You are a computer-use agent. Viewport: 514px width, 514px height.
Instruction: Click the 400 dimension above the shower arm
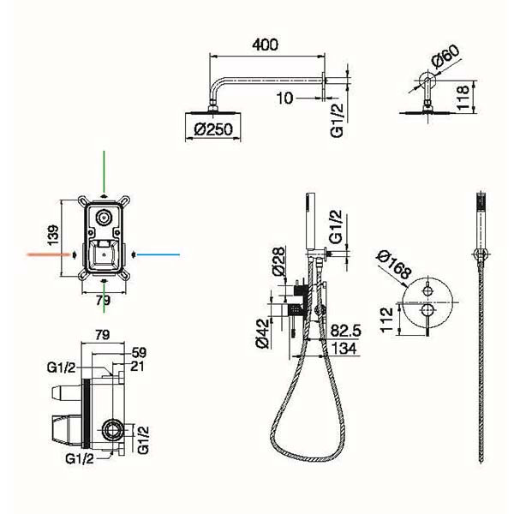point(265,45)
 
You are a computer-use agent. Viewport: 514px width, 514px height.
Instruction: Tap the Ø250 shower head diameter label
point(213,129)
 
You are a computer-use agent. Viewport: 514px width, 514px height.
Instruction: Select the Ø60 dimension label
point(445,56)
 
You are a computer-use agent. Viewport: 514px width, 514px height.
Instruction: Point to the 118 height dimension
point(463,98)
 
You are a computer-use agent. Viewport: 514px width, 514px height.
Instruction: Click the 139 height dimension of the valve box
point(53,235)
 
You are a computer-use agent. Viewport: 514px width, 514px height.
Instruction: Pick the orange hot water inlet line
point(49,254)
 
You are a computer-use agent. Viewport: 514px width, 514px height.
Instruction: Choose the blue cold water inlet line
point(158,254)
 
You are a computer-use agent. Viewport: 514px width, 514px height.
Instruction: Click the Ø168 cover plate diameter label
point(394,265)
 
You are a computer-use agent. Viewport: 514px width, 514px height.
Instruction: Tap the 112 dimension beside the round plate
point(386,320)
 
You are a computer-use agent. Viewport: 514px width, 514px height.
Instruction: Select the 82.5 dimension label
point(345,331)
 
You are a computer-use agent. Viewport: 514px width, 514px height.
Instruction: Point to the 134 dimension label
point(344,348)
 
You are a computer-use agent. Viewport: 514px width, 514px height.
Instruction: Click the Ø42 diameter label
point(262,333)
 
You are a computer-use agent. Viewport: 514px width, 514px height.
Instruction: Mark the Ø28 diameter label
point(278,261)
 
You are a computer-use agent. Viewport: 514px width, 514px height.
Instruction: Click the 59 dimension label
point(139,353)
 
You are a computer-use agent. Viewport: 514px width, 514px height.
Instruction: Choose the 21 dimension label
point(137,366)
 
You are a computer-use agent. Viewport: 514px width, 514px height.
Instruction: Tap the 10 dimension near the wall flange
point(284,98)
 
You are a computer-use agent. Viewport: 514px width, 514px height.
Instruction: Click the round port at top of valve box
point(104,217)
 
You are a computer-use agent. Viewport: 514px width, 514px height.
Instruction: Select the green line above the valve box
point(104,171)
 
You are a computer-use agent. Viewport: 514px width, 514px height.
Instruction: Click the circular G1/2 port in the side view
point(112,430)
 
